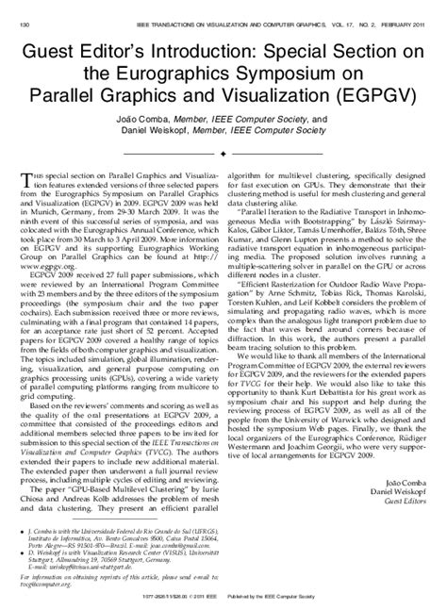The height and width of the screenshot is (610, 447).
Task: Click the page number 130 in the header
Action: (27, 10)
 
